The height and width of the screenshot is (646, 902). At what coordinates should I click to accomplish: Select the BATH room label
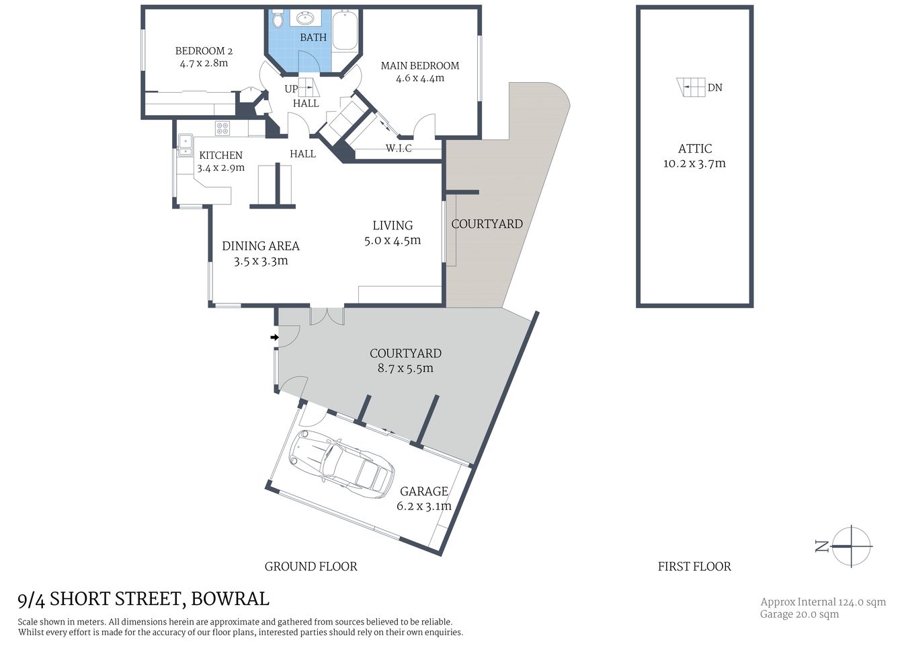[x=313, y=38]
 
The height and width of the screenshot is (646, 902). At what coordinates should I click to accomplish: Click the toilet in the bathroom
[x=278, y=20]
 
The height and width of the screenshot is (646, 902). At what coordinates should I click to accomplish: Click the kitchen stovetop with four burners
[x=222, y=128]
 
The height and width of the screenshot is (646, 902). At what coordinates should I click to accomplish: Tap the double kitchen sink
[x=185, y=145]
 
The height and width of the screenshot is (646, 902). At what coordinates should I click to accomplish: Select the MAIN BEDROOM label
[x=420, y=66]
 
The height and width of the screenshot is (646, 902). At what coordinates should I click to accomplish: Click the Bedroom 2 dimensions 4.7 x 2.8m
[x=204, y=63]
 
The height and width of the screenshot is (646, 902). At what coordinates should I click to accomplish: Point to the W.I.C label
[x=399, y=148]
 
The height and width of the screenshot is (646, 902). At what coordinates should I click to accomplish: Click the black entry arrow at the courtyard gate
[x=274, y=337]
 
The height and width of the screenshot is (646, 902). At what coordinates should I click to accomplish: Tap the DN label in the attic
[x=715, y=87]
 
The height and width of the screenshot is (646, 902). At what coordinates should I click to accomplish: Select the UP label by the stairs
[x=291, y=89]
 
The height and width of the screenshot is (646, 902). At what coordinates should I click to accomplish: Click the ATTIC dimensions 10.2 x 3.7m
[x=694, y=164]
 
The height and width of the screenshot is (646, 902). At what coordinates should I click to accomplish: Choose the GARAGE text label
[x=423, y=492]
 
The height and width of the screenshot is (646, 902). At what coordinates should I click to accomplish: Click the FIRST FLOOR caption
[x=694, y=567]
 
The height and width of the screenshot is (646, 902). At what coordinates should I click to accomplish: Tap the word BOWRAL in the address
[x=230, y=599]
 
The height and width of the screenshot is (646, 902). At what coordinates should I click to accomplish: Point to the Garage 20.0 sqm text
[x=799, y=614]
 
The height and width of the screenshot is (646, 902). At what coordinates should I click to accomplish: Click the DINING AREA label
[x=261, y=246]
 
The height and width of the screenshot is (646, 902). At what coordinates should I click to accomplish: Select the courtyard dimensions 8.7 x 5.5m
[x=405, y=368]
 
